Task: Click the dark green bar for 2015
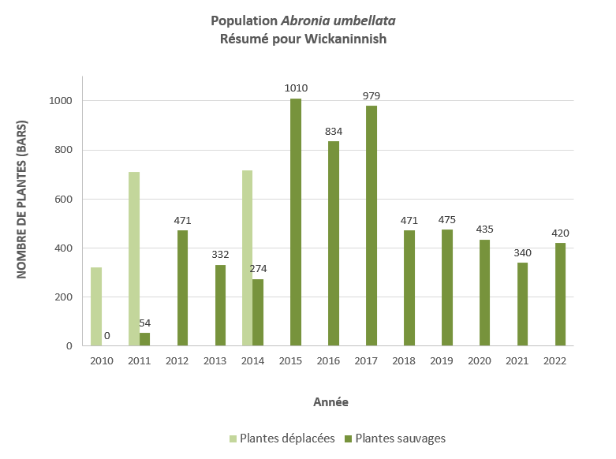[x=296, y=222]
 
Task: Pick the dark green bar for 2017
[x=371, y=226]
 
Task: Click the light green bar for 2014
[x=248, y=258]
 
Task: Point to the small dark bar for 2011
[x=145, y=339]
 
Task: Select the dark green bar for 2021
[x=523, y=304]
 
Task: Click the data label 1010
[x=296, y=88]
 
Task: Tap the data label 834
[x=334, y=131]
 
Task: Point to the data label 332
[x=221, y=254]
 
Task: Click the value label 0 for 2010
[x=107, y=336]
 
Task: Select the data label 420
[x=560, y=233]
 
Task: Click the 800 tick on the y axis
[x=64, y=150]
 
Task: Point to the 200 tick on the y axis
[x=64, y=297]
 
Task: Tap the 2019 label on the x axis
[x=442, y=360]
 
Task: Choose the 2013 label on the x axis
[x=215, y=360]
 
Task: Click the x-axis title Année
[x=330, y=401]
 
